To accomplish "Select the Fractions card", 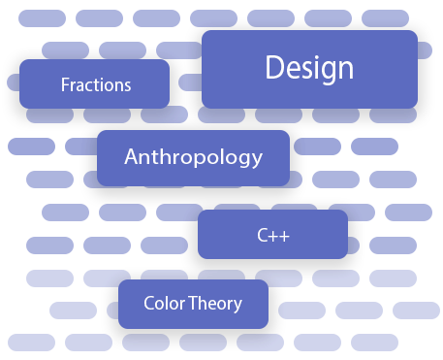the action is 94,84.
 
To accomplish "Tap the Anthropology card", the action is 193,157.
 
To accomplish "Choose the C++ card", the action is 272,235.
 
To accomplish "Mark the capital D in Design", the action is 274,68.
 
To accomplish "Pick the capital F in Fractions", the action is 65,84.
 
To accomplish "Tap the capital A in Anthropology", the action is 132,156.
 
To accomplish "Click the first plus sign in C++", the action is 273,235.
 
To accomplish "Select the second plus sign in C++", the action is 285,235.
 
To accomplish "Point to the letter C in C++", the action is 262,235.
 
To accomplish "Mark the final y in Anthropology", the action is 258,160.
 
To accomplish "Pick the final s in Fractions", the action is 127,85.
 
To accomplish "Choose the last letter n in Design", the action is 344,70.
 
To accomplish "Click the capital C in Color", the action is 149,303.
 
